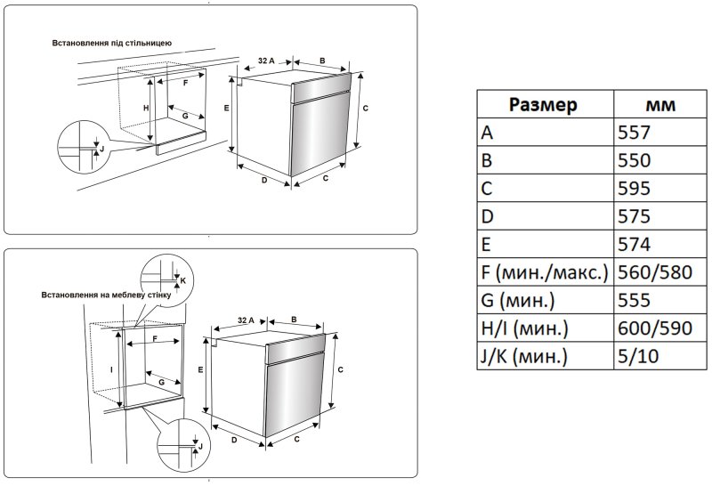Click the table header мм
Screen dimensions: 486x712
pos(659,105)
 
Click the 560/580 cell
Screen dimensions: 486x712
pos(654,272)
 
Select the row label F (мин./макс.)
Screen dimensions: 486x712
pos(544,272)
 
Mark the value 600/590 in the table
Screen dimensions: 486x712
pos(654,328)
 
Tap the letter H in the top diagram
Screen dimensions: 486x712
pos(146,107)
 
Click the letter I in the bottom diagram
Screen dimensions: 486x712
pos(112,368)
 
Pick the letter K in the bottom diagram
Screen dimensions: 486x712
pos(182,280)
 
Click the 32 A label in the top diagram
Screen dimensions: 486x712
pos(264,61)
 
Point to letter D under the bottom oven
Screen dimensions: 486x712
pos(232,440)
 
